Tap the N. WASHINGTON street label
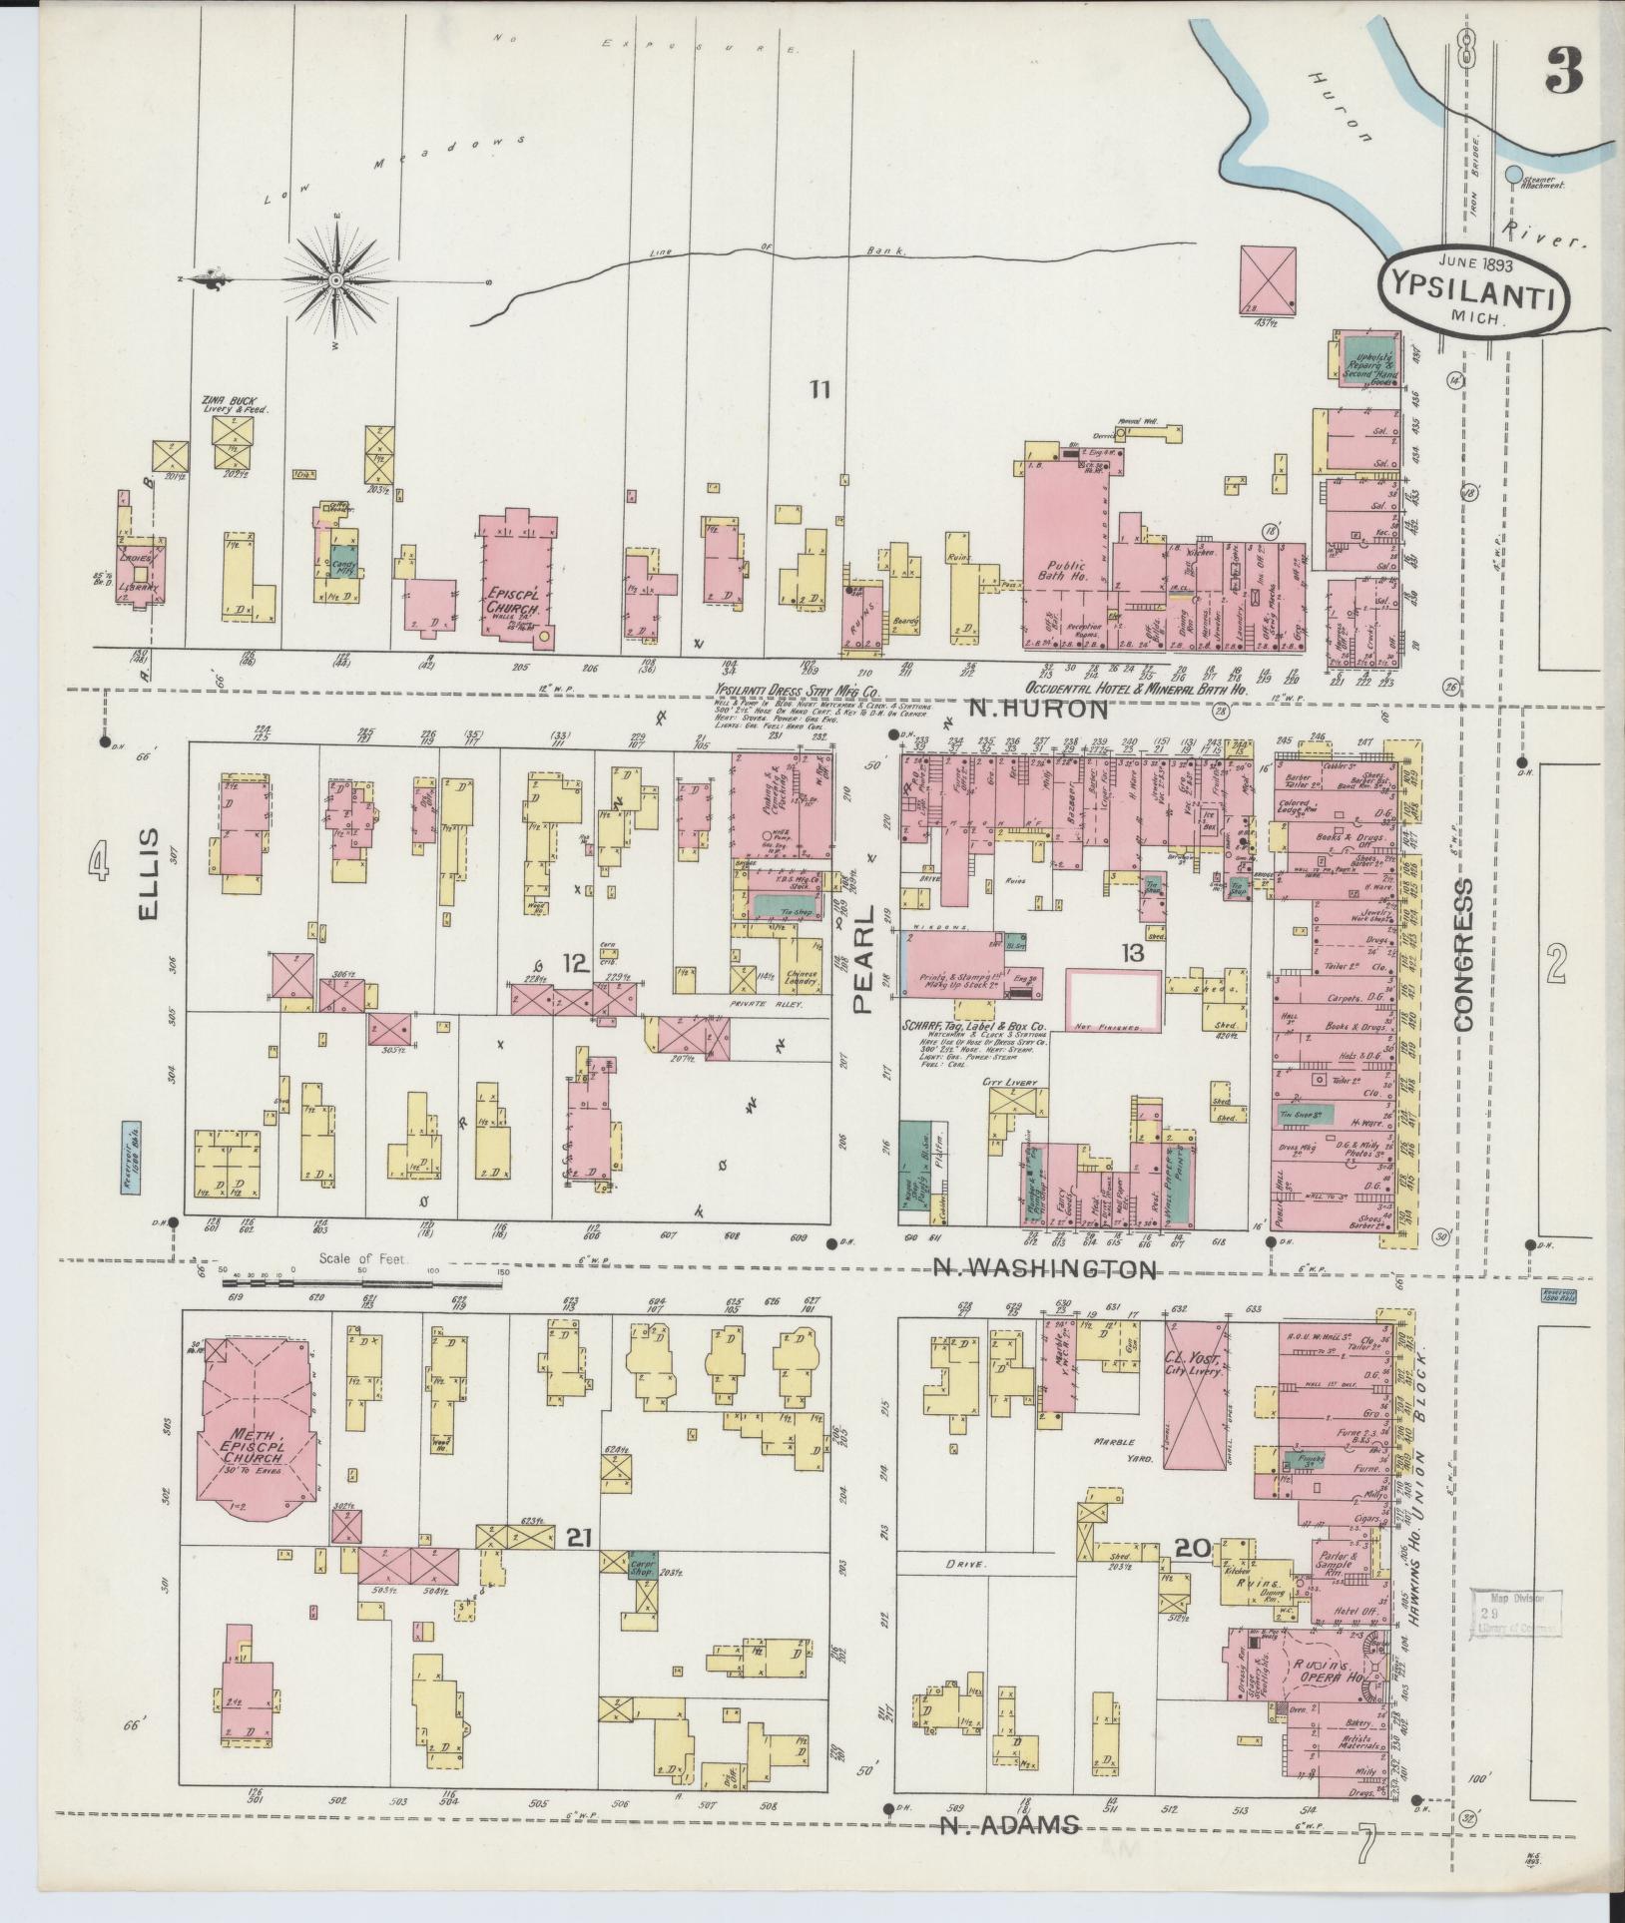(x=1045, y=1269)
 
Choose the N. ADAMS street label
(x=1010, y=1825)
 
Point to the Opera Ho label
(x=1322, y=1668)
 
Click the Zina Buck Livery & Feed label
(x=233, y=404)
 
